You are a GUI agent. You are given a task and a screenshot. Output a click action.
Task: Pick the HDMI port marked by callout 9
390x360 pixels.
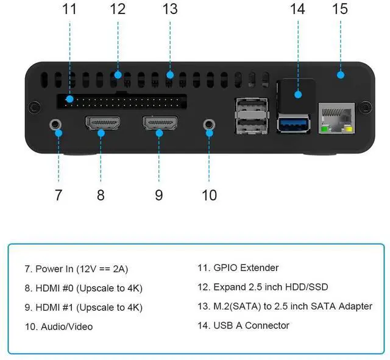159,124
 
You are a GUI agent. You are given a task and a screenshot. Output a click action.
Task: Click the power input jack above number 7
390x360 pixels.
57,124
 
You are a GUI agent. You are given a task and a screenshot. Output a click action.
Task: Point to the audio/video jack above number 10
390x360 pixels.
210,124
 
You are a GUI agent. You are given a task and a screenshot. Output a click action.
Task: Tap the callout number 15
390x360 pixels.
339,9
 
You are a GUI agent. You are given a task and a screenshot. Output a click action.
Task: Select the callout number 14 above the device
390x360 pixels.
297,9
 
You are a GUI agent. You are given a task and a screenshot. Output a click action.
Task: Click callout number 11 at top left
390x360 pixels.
69,9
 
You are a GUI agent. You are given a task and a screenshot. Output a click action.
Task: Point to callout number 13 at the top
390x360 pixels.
170,9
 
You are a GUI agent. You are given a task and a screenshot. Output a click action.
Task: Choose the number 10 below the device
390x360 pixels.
209,195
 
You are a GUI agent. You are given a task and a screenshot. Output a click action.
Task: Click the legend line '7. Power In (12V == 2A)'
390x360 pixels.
76,269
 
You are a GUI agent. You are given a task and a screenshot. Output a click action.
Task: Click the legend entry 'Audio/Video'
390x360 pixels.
59,326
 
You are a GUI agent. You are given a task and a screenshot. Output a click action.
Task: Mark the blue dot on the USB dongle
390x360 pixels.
298,94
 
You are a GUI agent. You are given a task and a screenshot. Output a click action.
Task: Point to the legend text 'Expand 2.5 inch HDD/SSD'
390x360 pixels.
263,287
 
